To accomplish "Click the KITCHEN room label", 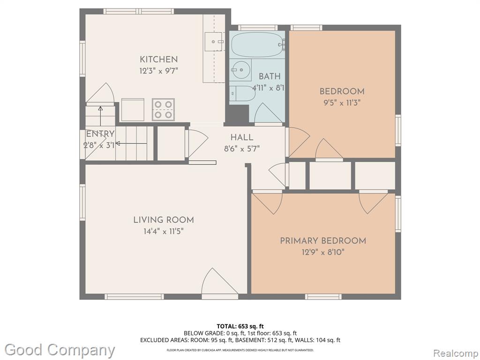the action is tap(158, 60).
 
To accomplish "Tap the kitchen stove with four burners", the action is tap(163, 110).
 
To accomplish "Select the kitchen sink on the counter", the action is tap(215, 42).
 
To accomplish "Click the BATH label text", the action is tap(270, 76).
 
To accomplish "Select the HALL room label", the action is tap(242, 137).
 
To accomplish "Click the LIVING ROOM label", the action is tap(164, 220).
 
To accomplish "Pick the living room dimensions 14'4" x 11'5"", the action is tap(164, 231).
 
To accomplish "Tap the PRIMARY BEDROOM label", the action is tap(323, 241).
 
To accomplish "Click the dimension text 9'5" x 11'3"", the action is tap(342, 103).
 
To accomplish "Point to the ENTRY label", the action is tap(100, 134).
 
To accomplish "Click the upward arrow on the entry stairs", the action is tap(100, 116).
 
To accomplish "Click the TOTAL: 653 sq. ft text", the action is tap(240, 326).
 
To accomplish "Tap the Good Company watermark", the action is tap(60, 350).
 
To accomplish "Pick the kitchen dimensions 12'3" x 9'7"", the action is tap(158, 71).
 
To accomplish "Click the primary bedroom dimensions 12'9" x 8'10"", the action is tap(323, 252).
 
